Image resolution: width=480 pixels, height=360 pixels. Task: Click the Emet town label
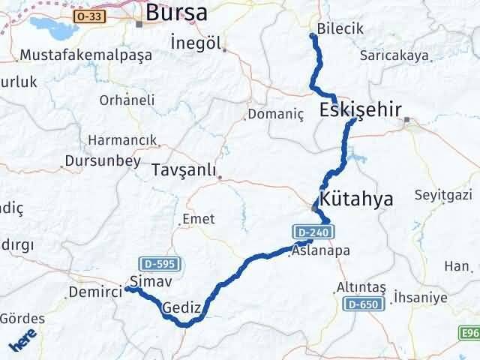click(x=198, y=219)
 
